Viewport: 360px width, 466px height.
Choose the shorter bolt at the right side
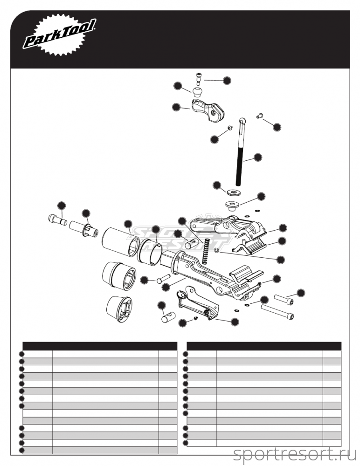[x=284, y=298]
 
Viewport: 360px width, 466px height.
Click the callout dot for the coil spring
[x=182, y=221]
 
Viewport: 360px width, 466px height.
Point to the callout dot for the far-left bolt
[x=61, y=206]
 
